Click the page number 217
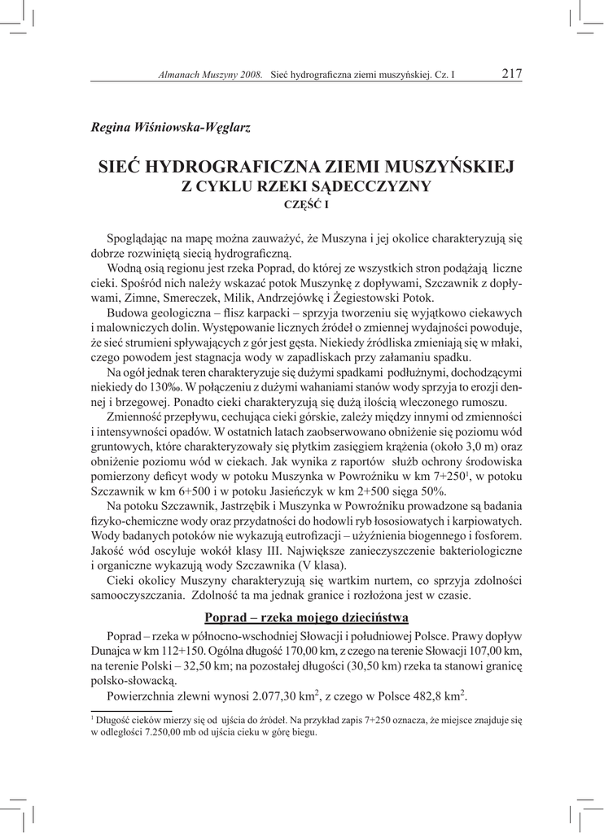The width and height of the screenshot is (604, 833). coord(512,74)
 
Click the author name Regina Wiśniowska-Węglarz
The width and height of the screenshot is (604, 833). coord(170,126)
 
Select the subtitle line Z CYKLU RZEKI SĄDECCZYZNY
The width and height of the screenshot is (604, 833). coord(305,186)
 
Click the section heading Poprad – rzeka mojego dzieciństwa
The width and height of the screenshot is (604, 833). coord(305,616)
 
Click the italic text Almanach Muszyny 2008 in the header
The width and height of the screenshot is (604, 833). coord(209,75)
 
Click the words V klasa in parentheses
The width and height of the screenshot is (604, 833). coord(322,565)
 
